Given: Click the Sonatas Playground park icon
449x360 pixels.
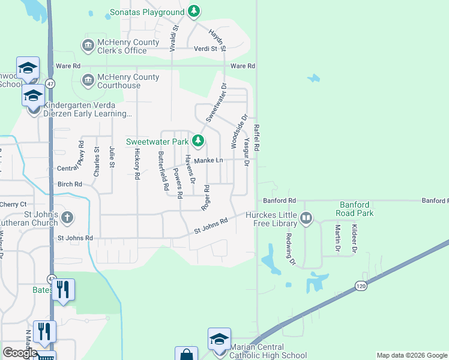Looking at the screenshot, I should click(x=193, y=11).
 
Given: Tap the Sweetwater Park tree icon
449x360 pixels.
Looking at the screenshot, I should click(x=199, y=142).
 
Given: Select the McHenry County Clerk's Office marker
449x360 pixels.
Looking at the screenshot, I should click(x=88, y=46).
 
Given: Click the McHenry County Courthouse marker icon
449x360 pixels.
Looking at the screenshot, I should click(x=88, y=80).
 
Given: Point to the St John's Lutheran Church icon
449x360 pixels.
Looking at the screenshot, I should click(x=67, y=218).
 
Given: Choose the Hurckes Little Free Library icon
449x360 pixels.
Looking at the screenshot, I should click(x=306, y=218).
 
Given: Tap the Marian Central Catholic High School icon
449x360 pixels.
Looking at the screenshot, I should click(x=219, y=338).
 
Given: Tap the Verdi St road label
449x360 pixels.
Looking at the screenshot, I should click(x=205, y=49).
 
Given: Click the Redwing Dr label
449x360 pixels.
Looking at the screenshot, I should click(x=291, y=248).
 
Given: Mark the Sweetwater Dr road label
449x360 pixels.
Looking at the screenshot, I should click(x=217, y=102).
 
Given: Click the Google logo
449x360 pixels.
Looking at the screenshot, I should click(x=20, y=353).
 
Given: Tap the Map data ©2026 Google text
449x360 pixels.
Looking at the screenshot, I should click(x=411, y=355).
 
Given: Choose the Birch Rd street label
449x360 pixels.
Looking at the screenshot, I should click(x=70, y=184).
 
